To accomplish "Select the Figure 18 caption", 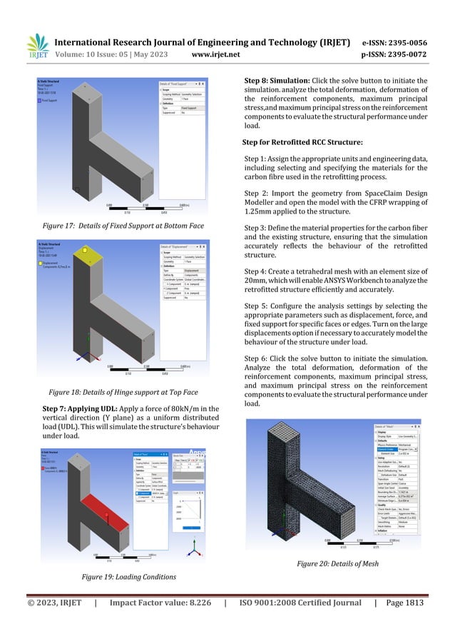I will (x=123, y=392).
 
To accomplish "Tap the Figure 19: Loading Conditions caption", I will (x=127, y=575).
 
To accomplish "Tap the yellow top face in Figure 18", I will (x=87, y=251).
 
